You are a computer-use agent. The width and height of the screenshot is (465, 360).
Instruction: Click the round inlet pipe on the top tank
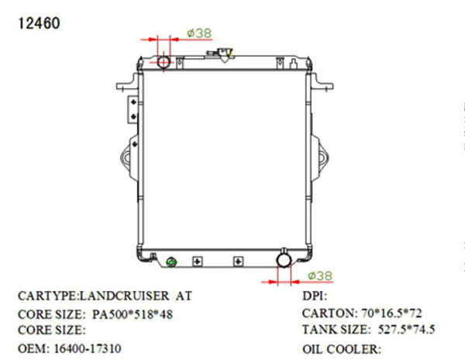pos(164,61)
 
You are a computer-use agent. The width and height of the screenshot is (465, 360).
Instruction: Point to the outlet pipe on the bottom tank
pos(284,259)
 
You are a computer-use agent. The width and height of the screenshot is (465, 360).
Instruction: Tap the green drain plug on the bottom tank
pos(171,262)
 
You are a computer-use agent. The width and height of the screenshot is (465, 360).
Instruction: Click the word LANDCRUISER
pos(124,296)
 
